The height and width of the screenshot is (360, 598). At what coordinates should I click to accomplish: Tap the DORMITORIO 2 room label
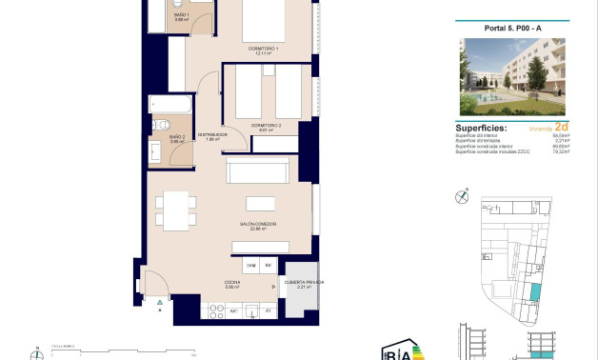tap(267, 126)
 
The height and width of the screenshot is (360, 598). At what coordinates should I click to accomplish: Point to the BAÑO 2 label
tap(177, 139)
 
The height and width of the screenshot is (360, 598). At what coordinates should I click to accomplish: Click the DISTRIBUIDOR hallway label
tap(210, 135)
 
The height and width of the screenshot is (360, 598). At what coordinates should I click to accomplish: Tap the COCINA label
tap(232, 283)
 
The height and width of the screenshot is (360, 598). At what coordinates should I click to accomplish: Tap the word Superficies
tap(481, 126)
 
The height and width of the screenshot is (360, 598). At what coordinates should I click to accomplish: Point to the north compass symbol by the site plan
tap(463, 197)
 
